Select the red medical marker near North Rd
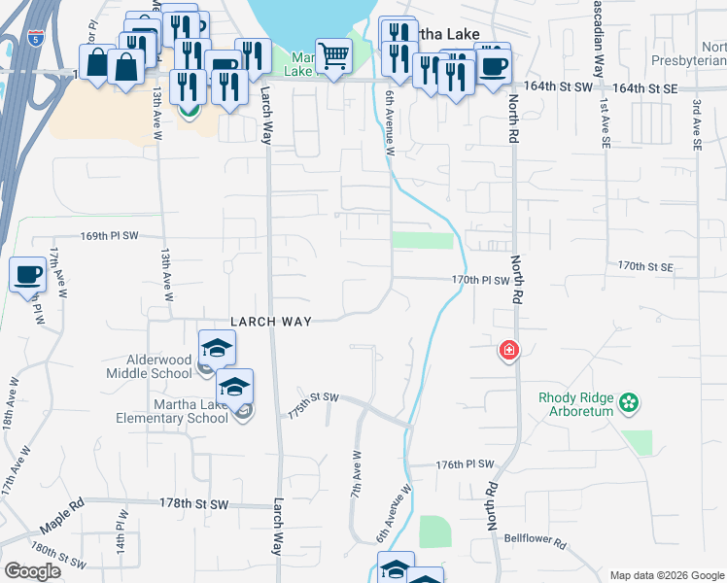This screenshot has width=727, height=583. pyautogui.click(x=507, y=350)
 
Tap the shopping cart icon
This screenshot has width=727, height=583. pyautogui.click(x=333, y=57)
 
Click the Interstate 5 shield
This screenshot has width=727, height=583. pyautogui.click(x=36, y=40)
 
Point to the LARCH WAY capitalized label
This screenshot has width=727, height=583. pyautogui.click(x=270, y=322)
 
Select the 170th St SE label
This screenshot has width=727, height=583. pyautogui.click(x=645, y=265)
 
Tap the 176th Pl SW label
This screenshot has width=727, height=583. pyautogui.click(x=466, y=465)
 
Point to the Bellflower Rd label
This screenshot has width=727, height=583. pyautogui.click(x=535, y=536)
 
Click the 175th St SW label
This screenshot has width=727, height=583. pyautogui.click(x=312, y=403)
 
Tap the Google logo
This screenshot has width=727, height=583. pyautogui.click(x=32, y=571)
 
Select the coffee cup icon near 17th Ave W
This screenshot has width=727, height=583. pyautogui.click(x=27, y=274)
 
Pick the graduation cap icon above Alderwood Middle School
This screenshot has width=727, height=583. pyautogui.click(x=217, y=347)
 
